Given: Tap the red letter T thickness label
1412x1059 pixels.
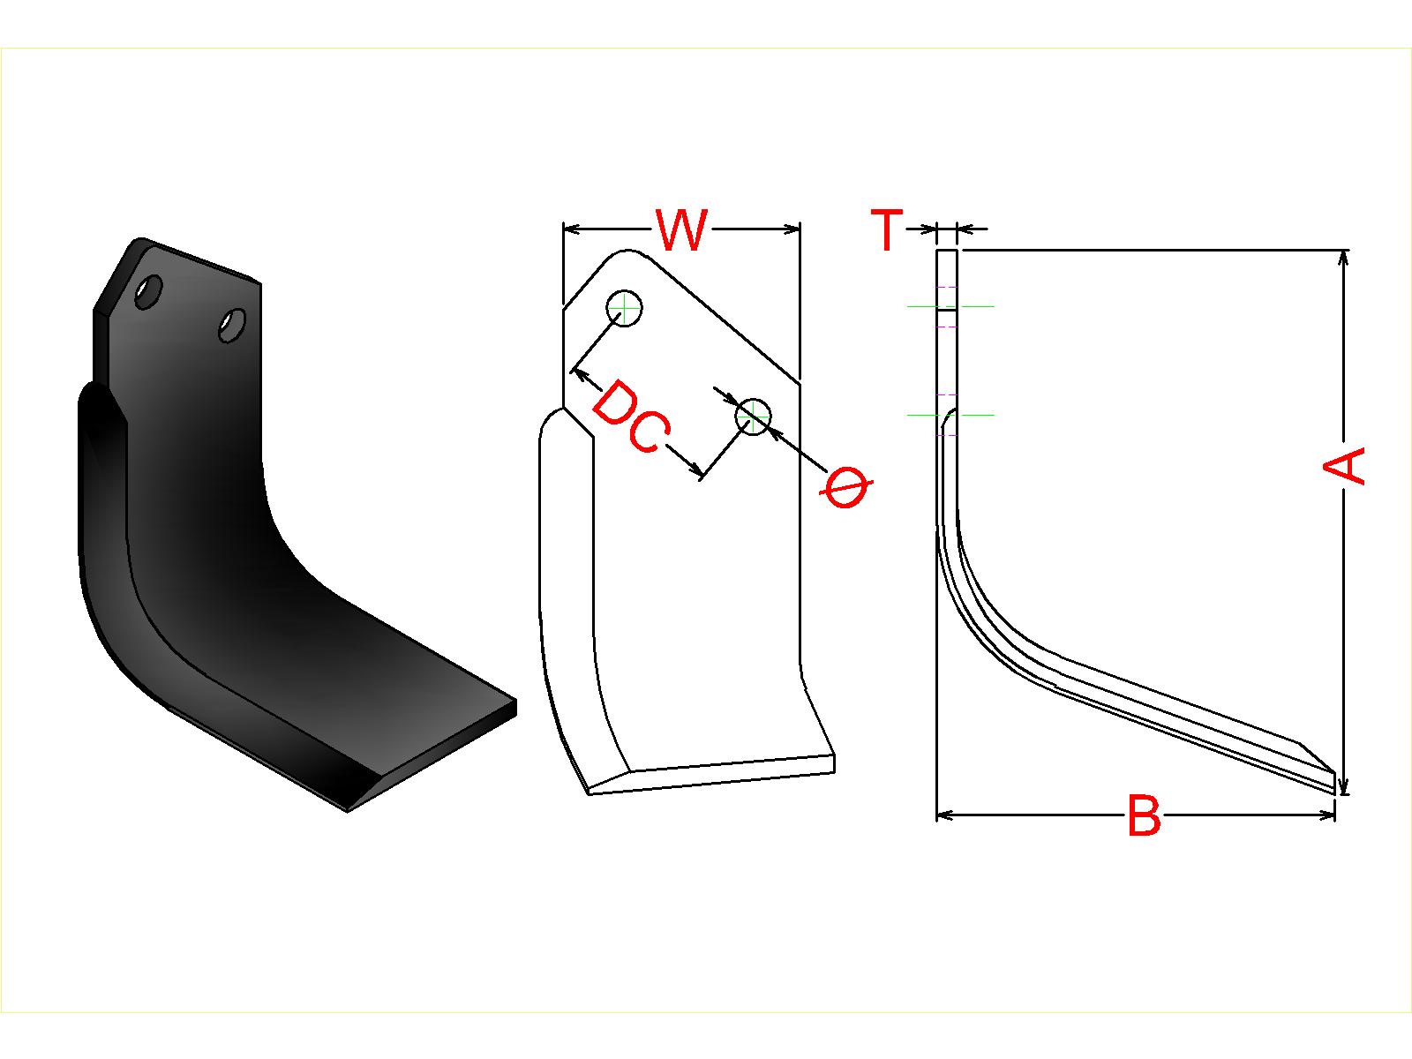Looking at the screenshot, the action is [x=887, y=229].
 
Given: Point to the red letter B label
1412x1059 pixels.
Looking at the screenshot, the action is [x=1145, y=815].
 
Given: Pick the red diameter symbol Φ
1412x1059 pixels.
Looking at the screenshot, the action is [x=846, y=488].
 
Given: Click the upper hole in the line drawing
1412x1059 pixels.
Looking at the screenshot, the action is [x=624, y=308].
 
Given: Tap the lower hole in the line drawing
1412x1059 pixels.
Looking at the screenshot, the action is [x=754, y=416].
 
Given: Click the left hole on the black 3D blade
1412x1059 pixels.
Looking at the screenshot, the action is [x=148, y=293].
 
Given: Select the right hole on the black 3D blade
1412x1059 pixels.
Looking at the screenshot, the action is [x=231, y=326].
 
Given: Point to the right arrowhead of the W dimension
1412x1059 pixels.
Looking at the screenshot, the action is [x=791, y=229].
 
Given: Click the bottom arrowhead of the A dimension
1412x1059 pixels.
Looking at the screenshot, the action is [x=1342, y=785].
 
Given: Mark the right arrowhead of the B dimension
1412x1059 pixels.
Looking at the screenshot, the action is [x=1326, y=815].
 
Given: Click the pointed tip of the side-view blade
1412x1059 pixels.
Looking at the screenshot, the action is [x=1334, y=792].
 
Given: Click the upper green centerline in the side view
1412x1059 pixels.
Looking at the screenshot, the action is [x=950, y=307].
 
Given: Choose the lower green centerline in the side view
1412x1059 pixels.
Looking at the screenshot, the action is [x=950, y=416].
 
